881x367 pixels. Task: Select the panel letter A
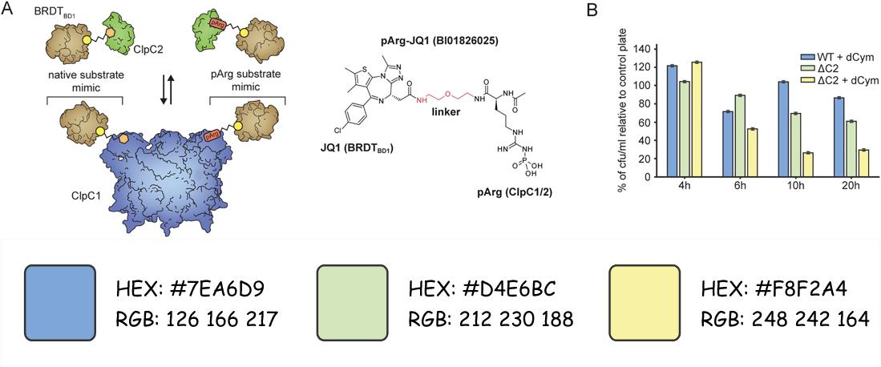(7, 9)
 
